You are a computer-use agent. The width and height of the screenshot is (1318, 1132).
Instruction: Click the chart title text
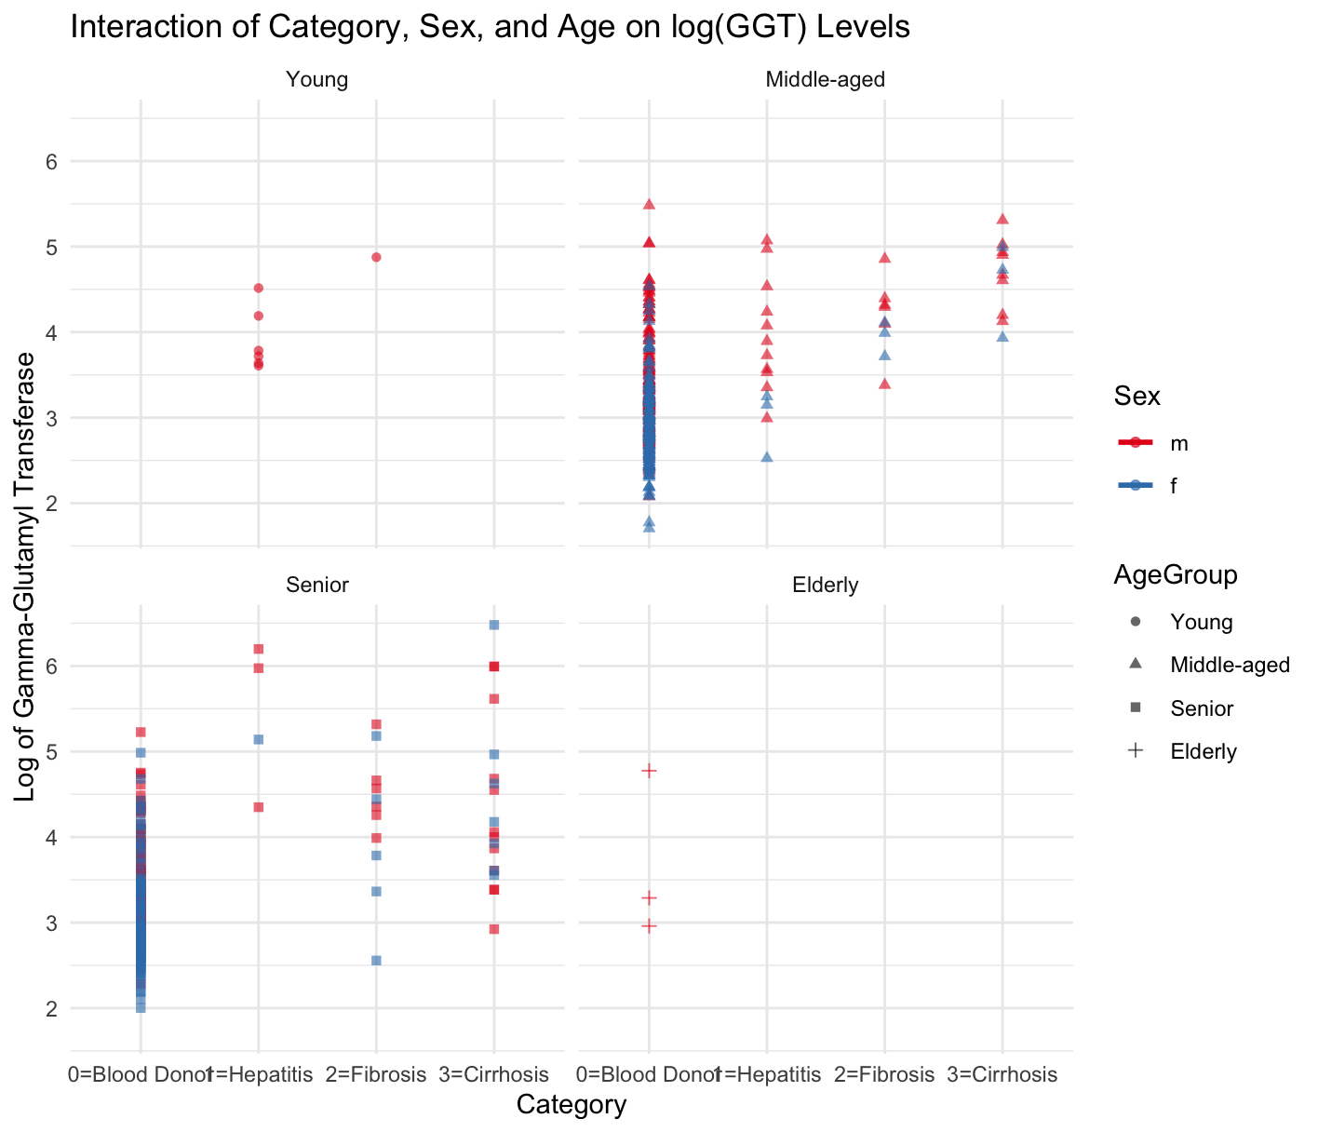pos(490,28)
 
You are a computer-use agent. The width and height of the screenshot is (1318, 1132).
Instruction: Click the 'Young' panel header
pos(317,79)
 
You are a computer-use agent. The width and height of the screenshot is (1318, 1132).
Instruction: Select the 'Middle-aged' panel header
pos(825,79)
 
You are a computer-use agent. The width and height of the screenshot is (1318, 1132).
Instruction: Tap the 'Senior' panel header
pos(317,585)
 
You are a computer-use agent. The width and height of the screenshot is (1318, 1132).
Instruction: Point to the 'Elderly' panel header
pos(825,585)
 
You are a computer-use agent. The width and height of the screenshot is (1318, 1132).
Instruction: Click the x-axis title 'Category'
pos(571,1105)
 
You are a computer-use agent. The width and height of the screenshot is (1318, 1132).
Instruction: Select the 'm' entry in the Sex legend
pos(1179,443)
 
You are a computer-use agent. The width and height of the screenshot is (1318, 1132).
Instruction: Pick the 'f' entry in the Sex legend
pos(1174,485)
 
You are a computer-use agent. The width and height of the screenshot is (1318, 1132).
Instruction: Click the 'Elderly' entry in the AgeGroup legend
pos(1204,751)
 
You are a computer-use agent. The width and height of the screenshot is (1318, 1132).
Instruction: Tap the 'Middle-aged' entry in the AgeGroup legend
pos(1230,665)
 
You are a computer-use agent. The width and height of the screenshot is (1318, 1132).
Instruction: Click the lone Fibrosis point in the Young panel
pos(376,257)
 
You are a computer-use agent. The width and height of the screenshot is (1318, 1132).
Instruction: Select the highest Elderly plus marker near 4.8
pos(650,771)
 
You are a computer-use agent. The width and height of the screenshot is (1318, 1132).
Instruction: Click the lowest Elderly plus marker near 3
pos(650,926)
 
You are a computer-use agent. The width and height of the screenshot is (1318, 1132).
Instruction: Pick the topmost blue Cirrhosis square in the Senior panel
pos(494,625)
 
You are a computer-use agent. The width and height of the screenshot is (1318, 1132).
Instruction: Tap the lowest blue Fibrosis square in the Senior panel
pos(376,961)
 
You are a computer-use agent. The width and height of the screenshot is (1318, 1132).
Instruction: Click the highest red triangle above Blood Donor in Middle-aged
pos(650,204)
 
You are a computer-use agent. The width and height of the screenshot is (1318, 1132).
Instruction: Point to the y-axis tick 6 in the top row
pos(52,161)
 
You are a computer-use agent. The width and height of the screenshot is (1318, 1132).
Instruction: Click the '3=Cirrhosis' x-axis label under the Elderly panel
pos(1002,1074)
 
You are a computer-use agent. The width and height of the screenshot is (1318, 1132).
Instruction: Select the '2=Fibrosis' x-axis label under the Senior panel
pos(376,1074)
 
